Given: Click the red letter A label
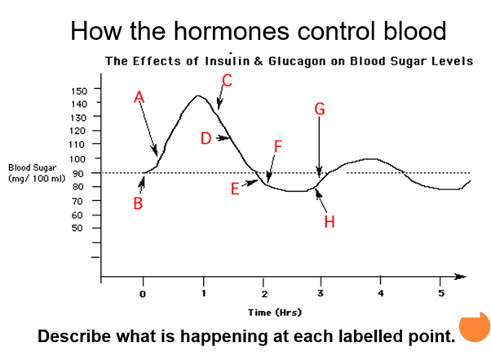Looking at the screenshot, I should [x=139, y=96].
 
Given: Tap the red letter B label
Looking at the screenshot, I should [x=139, y=204].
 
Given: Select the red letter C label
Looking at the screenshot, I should [x=227, y=80].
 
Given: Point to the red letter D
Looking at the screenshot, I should [x=206, y=138].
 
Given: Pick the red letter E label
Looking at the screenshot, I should [x=235, y=189].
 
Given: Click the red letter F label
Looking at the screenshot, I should [x=278, y=148].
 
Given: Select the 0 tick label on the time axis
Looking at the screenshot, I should [x=143, y=294].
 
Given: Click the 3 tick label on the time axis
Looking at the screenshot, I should [x=321, y=294].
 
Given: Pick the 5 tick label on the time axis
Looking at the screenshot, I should [x=441, y=294].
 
